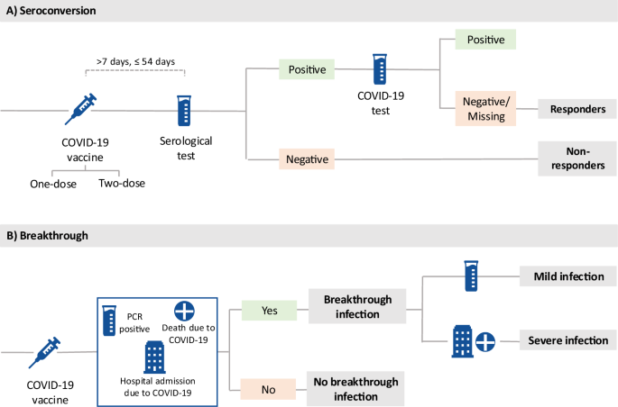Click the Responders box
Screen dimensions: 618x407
click(x=577, y=109)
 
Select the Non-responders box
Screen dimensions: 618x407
click(x=577, y=158)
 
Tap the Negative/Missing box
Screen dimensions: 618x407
click(x=485, y=109)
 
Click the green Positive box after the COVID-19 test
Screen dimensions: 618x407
click(x=485, y=40)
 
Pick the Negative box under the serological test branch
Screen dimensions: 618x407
click(x=307, y=158)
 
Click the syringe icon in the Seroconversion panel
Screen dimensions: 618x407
click(x=80, y=109)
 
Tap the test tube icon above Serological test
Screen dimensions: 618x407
click(x=184, y=111)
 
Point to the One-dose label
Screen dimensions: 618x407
click(x=53, y=184)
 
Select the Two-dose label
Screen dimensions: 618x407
click(x=122, y=184)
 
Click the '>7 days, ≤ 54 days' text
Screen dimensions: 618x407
click(x=135, y=61)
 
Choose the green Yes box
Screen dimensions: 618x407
click(x=269, y=311)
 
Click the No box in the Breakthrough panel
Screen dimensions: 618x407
click(x=268, y=389)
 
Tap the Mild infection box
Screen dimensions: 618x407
click(x=568, y=276)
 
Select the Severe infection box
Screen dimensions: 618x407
click(x=568, y=340)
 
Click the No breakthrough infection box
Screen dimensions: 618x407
click(x=355, y=388)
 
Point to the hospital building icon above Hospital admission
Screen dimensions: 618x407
click(x=154, y=357)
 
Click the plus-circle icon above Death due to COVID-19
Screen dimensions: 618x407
click(x=184, y=311)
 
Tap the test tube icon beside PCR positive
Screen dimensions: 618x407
click(x=109, y=321)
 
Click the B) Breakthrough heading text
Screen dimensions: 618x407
click(x=47, y=236)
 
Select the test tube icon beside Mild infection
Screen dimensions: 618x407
click(x=471, y=276)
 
